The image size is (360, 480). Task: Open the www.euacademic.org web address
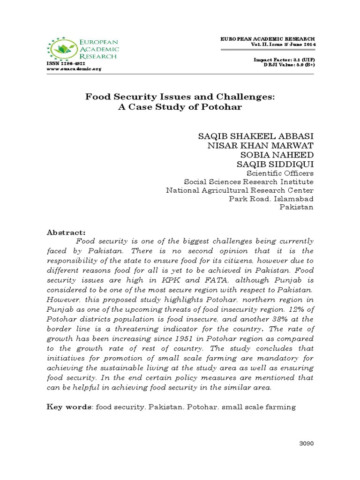coord(74,68)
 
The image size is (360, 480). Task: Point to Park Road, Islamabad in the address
coord(271,199)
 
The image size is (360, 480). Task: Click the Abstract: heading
coord(66,232)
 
